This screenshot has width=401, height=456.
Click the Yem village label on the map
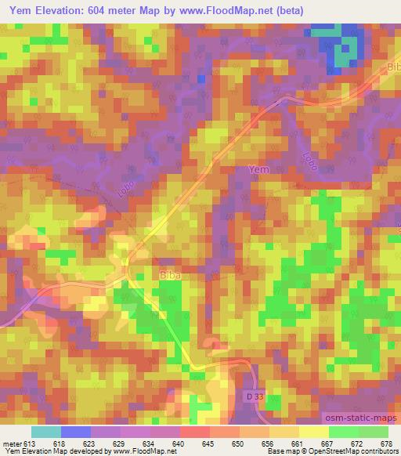(x=258, y=170)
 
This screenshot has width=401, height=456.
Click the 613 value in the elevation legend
(x=31, y=443)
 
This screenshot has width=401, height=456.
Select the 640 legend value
(x=179, y=443)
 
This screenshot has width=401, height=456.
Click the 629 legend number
(x=120, y=443)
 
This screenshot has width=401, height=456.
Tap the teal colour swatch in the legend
(x=45, y=432)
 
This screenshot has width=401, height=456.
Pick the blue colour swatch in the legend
(x=75, y=432)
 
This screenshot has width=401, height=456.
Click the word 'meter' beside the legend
(x=12, y=443)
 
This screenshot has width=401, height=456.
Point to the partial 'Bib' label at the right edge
(x=393, y=67)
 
